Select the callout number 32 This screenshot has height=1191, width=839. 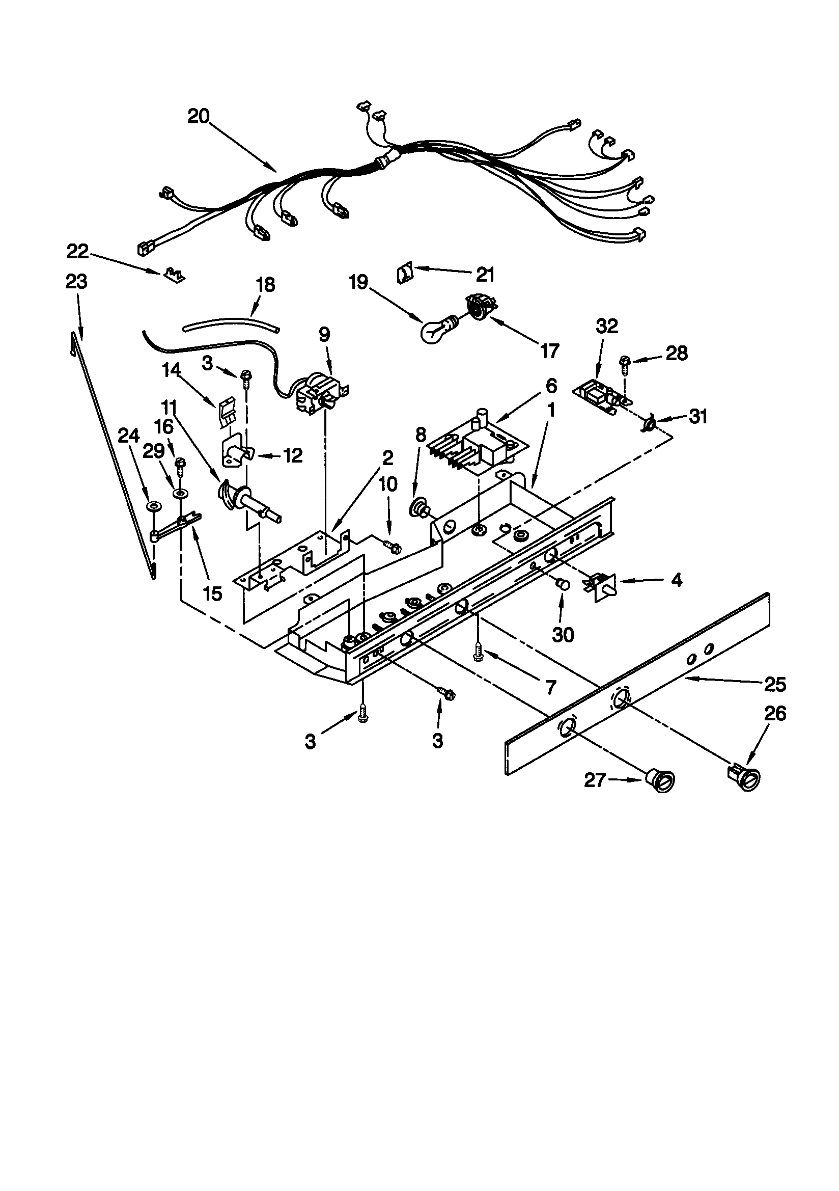(607, 327)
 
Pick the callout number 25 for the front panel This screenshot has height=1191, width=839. (775, 685)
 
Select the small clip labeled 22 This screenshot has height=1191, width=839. (173, 274)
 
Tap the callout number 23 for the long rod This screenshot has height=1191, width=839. (76, 282)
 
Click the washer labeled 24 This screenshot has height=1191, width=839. (152, 506)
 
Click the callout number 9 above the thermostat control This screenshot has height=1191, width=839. (324, 335)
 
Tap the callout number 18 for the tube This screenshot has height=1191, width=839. (265, 285)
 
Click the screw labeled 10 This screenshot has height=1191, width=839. (392, 545)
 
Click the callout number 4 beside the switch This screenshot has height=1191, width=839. (676, 580)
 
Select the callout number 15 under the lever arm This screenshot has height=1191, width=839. (213, 593)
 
